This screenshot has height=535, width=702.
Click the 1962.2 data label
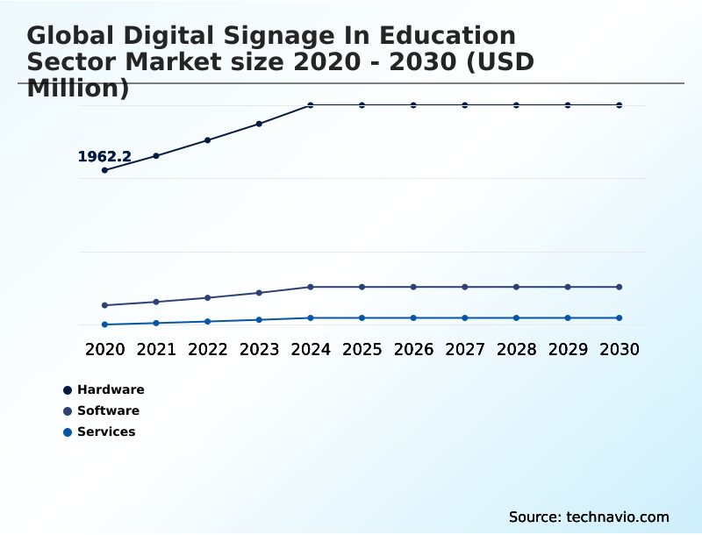pos(104,157)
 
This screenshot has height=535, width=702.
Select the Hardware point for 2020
pos(104,170)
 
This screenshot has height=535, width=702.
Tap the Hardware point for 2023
pos(259,124)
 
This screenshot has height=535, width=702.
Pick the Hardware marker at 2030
pos(620,105)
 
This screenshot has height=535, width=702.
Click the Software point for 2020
pos(104,305)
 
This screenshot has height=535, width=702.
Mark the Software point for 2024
pos(311,287)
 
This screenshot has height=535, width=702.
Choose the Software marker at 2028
pos(516,287)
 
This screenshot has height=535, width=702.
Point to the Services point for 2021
pos(156,323)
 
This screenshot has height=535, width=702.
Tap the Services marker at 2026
pos(413,317)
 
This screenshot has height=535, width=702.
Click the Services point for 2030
pos(620,317)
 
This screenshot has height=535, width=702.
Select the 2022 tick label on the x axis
pos(208,349)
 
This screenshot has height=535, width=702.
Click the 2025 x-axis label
pos(362,349)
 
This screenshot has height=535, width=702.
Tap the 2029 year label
pos(568,349)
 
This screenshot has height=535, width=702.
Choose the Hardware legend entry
pos(111,389)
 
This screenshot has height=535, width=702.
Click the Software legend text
pos(108,410)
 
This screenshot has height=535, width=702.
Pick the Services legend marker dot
pos(68,432)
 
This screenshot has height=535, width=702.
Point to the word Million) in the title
pos(78,88)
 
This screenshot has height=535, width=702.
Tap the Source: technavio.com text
pos(589,517)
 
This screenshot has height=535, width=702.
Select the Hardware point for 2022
pos(208,140)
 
